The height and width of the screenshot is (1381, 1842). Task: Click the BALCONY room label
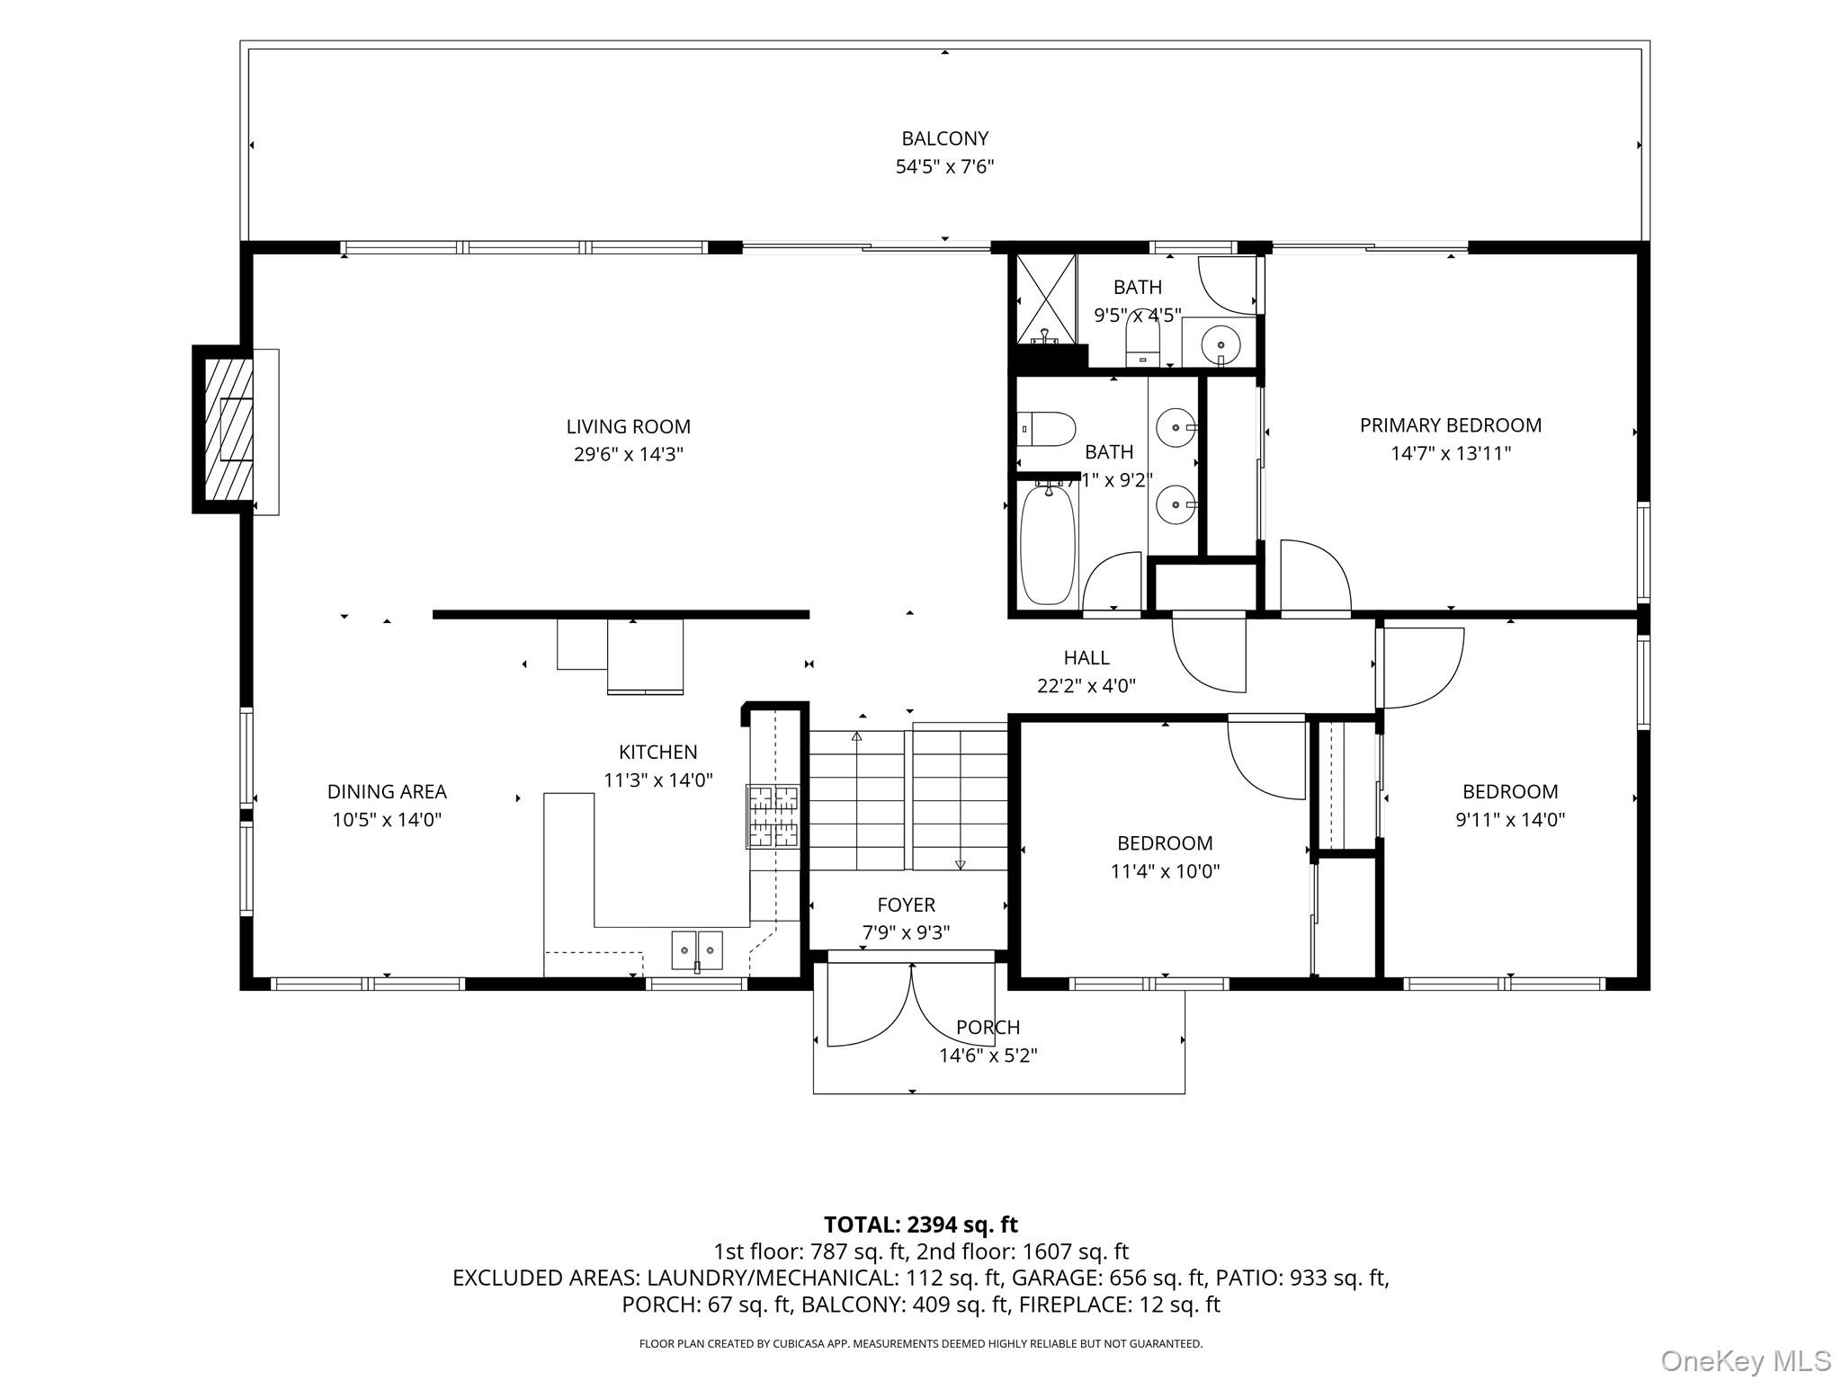pyautogui.click(x=944, y=138)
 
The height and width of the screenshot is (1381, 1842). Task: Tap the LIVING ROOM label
pyautogui.click(x=628, y=427)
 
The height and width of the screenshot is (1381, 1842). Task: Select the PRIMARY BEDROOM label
pyautogui.click(x=1450, y=425)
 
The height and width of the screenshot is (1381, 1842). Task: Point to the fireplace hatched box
pyautogui.click(x=228, y=429)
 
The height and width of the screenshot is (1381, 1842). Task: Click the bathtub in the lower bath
pyautogui.click(x=1048, y=546)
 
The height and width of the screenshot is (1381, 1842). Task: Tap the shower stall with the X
pyautogui.click(x=1046, y=298)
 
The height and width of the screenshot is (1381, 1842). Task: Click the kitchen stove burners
pyautogui.click(x=773, y=816)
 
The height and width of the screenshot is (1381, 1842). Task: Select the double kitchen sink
pyautogui.click(x=697, y=950)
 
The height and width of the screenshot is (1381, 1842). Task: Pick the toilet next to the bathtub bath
pyautogui.click(x=1047, y=429)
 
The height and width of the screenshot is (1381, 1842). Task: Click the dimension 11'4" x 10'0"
pyautogui.click(x=1165, y=871)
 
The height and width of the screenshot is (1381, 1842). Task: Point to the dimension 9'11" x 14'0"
pyautogui.click(x=1510, y=820)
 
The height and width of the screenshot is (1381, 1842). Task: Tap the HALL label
pyautogui.click(x=1086, y=658)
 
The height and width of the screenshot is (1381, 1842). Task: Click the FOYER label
pyautogui.click(x=906, y=905)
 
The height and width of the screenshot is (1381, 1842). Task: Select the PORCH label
pyautogui.click(x=988, y=1028)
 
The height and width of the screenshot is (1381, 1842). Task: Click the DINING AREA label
pyautogui.click(x=387, y=792)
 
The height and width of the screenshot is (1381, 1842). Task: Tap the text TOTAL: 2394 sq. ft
pyautogui.click(x=921, y=1225)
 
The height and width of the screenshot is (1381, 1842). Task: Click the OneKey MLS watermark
pyautogui.click(x=1746, y=1361)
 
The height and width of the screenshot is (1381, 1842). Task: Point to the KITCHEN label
pyautogui.click(x=657, y=753)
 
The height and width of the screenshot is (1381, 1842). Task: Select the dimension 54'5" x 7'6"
pyautogui.click(x=944, y=166)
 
